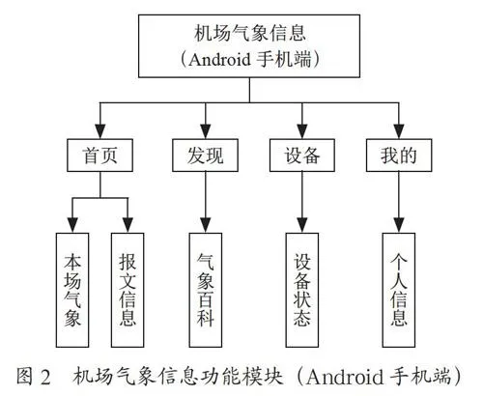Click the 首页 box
coord(99,156)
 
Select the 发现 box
coord(205,156)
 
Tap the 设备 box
coord(302,156)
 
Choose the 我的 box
coord(399,156)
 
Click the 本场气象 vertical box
coord(72,290)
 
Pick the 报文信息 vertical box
coord(128,290)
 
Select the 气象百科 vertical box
coord(206,290)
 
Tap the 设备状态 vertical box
coord(302,290)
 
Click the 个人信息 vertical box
coord(399,290)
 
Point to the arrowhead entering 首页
coord(100,131)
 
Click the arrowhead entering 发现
coord(206,131)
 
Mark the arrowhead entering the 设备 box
coord(302,131)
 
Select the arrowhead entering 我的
coord(399,131)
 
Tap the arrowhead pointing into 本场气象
coord(72,225)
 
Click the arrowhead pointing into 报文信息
coord(128,225)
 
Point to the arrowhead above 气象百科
coord(206,225)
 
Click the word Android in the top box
coord(219,60)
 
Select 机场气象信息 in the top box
coord(250,33)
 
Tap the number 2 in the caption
coord(45,378)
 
